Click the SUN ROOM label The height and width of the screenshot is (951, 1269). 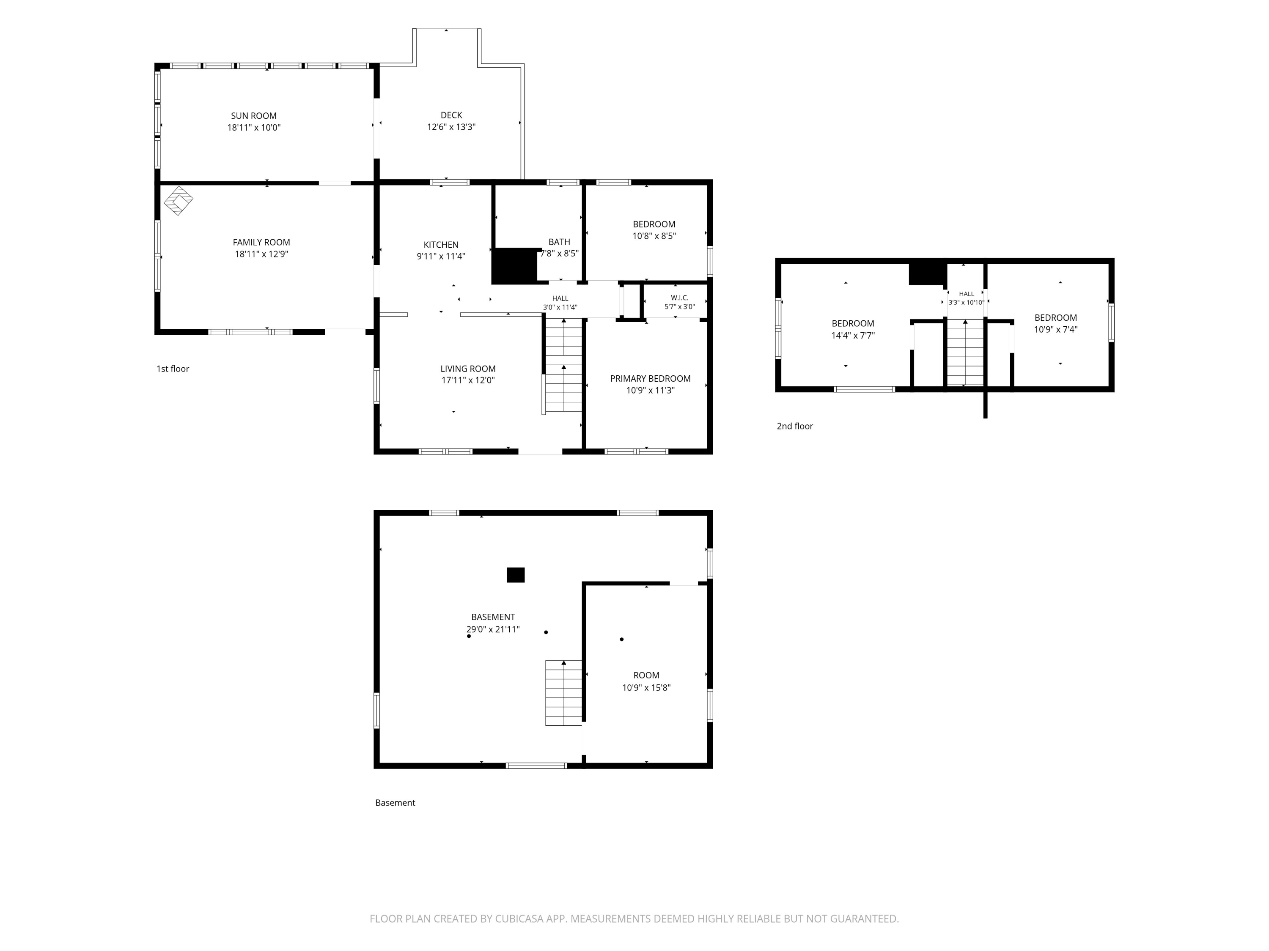[253, 116]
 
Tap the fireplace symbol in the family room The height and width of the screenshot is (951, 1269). [179, 201]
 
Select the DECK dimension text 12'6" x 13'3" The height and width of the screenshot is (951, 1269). [451, 127]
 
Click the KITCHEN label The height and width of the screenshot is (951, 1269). [441, 245]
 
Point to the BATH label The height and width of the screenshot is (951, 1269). [559, 242]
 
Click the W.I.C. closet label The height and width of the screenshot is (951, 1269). [679, 298]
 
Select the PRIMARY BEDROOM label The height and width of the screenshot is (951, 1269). [650, 378]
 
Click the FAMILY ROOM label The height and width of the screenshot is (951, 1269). [261, 243]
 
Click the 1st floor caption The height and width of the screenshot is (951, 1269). [173, 369]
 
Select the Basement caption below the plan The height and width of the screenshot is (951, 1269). [395, 803]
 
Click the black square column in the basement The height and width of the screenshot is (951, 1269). [515, 575]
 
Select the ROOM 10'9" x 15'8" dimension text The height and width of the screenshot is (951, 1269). [646, 687]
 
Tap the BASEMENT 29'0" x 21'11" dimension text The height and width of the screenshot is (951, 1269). [493, 629]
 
